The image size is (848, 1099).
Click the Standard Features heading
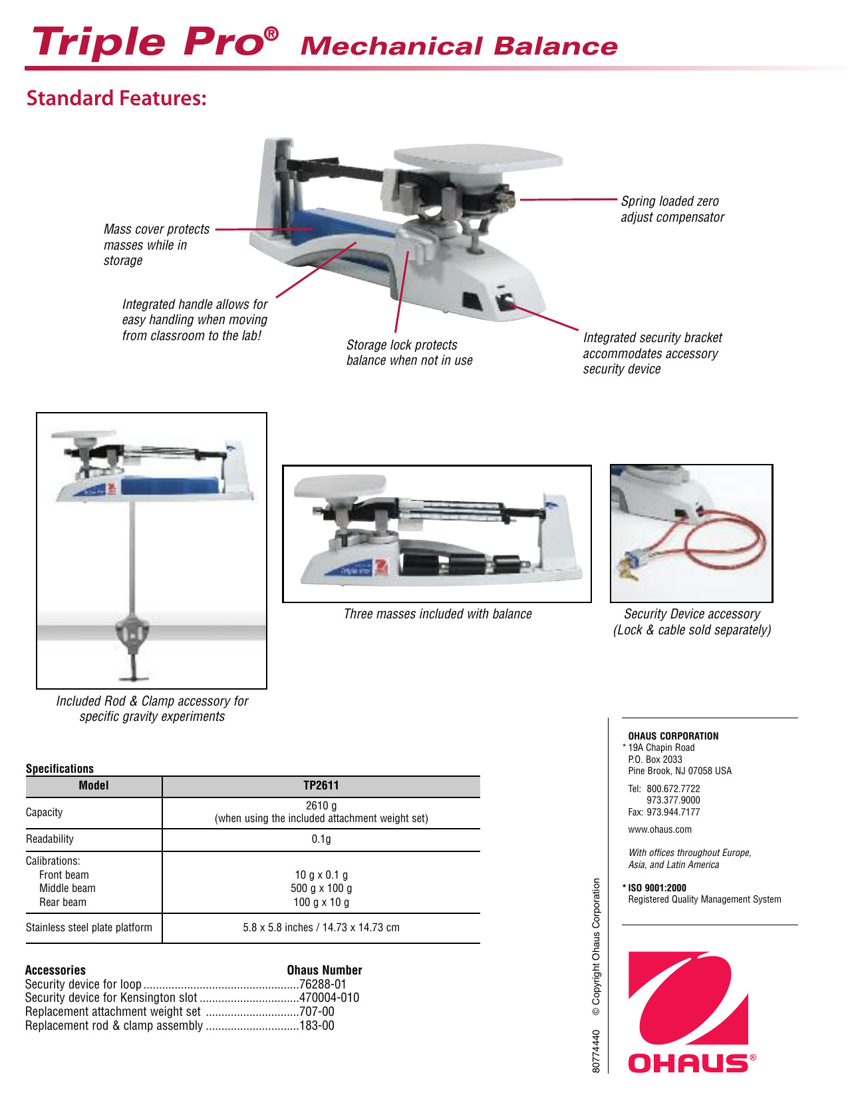point(116,99)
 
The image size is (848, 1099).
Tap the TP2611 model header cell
point(321,785)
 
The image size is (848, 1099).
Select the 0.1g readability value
point(321,839)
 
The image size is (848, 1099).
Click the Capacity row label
point(44,812)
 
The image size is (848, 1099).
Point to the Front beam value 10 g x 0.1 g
point(321,875)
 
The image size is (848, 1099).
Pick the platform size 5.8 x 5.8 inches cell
point(321,927)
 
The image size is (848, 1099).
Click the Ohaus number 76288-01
point(323,984)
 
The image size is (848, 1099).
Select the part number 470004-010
point(329,997)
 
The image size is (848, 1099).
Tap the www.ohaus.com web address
point(659,829)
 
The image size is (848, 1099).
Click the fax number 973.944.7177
point(672,812)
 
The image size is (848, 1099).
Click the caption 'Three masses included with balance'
point(438,614)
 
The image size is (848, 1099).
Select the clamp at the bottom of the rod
point(134,636)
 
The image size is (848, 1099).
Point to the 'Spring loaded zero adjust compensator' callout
point(672,209)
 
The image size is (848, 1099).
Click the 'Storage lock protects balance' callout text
point(409,353)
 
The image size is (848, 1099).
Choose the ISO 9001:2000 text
point(656,887)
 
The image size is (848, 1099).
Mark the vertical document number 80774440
point(596,1051)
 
